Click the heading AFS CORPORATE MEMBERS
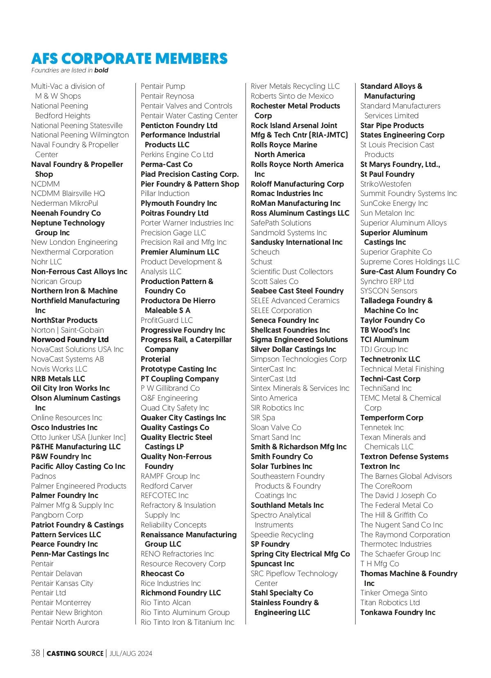(x=129, y=59)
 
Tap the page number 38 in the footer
(x=36, y=653)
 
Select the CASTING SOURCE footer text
(x=75, y=653)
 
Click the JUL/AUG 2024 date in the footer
(x=131, y=653)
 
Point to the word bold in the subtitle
(x=101, y=70)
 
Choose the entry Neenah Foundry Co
(x=66, y=213)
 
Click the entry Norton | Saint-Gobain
(x=68, y=330)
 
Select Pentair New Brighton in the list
(x=67, y=613)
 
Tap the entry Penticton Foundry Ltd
(x=179, y=126)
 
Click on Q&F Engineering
(x=169, y=398)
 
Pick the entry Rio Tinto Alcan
(x=166, y=603)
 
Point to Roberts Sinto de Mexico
(x=292, y=96)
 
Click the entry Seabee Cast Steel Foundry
(x=297, y=291)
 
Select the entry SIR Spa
(x=263, y=418)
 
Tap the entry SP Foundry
(x=270, y=544)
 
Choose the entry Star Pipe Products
(x=392, y=126)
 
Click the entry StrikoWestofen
(x=386, y=184)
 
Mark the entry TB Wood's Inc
(x=385, y=330)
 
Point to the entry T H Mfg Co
(x=380, y=564)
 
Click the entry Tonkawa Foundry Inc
(x=398, y=613)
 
